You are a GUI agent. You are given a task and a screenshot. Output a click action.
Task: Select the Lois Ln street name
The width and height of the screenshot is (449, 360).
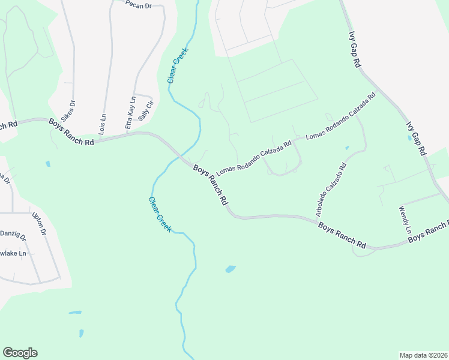tap(103, 124)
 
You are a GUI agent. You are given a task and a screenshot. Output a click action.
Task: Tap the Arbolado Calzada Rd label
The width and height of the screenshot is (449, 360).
tap(331, 189)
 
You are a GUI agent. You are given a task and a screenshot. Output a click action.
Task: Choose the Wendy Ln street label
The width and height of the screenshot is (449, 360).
tap(405, 220)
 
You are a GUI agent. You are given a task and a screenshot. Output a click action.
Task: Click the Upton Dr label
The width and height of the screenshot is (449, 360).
tap(40, 223)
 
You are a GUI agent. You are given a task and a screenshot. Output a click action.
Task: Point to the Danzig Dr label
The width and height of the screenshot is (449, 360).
tap(12, 235)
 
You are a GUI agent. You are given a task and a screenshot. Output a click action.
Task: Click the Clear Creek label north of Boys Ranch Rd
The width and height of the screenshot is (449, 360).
tap(177, 65)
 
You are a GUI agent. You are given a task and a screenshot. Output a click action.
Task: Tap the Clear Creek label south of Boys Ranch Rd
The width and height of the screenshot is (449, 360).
tap(160, 215)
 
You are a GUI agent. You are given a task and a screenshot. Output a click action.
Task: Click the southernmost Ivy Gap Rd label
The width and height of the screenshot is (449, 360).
tap(416, 137)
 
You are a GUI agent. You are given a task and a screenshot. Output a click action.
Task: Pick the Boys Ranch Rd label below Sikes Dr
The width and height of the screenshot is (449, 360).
tap(72, 133)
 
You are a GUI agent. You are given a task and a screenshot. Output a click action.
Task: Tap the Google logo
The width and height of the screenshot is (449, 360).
tap(20, 353)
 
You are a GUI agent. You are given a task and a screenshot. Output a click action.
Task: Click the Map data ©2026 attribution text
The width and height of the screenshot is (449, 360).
tap(423, 355)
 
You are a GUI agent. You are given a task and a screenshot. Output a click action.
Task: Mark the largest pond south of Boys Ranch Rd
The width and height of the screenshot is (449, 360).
tap(231, 269)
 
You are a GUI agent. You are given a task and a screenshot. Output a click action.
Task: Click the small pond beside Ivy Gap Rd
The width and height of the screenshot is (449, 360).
tap(409, 137)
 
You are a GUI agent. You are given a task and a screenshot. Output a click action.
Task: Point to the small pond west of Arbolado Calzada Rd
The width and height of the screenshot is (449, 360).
tap(347, 147)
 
